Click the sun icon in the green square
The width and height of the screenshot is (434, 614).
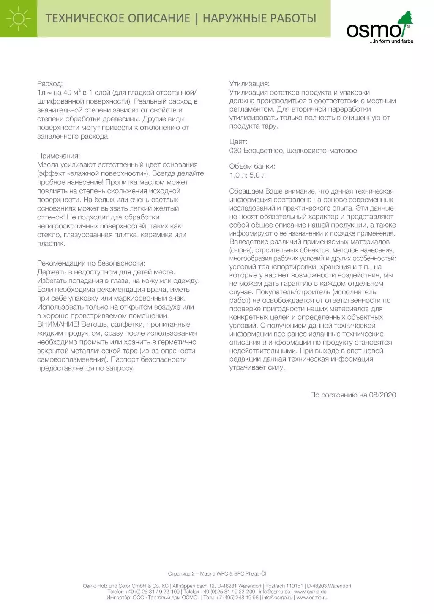(x=19, y=19)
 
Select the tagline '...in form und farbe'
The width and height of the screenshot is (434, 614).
(x=391, y=41)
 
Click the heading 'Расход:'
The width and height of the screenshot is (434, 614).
(x=50, y=84)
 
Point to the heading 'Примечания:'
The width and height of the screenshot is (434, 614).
(x=58, y=156)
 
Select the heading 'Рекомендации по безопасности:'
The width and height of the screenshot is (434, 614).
(x=91, y=263)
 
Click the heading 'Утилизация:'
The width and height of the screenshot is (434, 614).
(x=249, y=84)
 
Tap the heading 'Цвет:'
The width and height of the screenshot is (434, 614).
(x=238, y=142)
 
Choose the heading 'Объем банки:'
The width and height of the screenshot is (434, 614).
(x=252, y=167)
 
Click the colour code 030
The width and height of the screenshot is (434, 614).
(x=235, y=151)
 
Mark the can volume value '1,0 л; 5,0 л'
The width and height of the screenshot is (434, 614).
(x=248, y=175)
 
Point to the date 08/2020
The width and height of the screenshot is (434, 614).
(x=382, y=395)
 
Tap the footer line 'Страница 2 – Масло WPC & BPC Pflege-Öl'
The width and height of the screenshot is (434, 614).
(x=217, y=574)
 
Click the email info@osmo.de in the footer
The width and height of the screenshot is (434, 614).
(x=274, y=592)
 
